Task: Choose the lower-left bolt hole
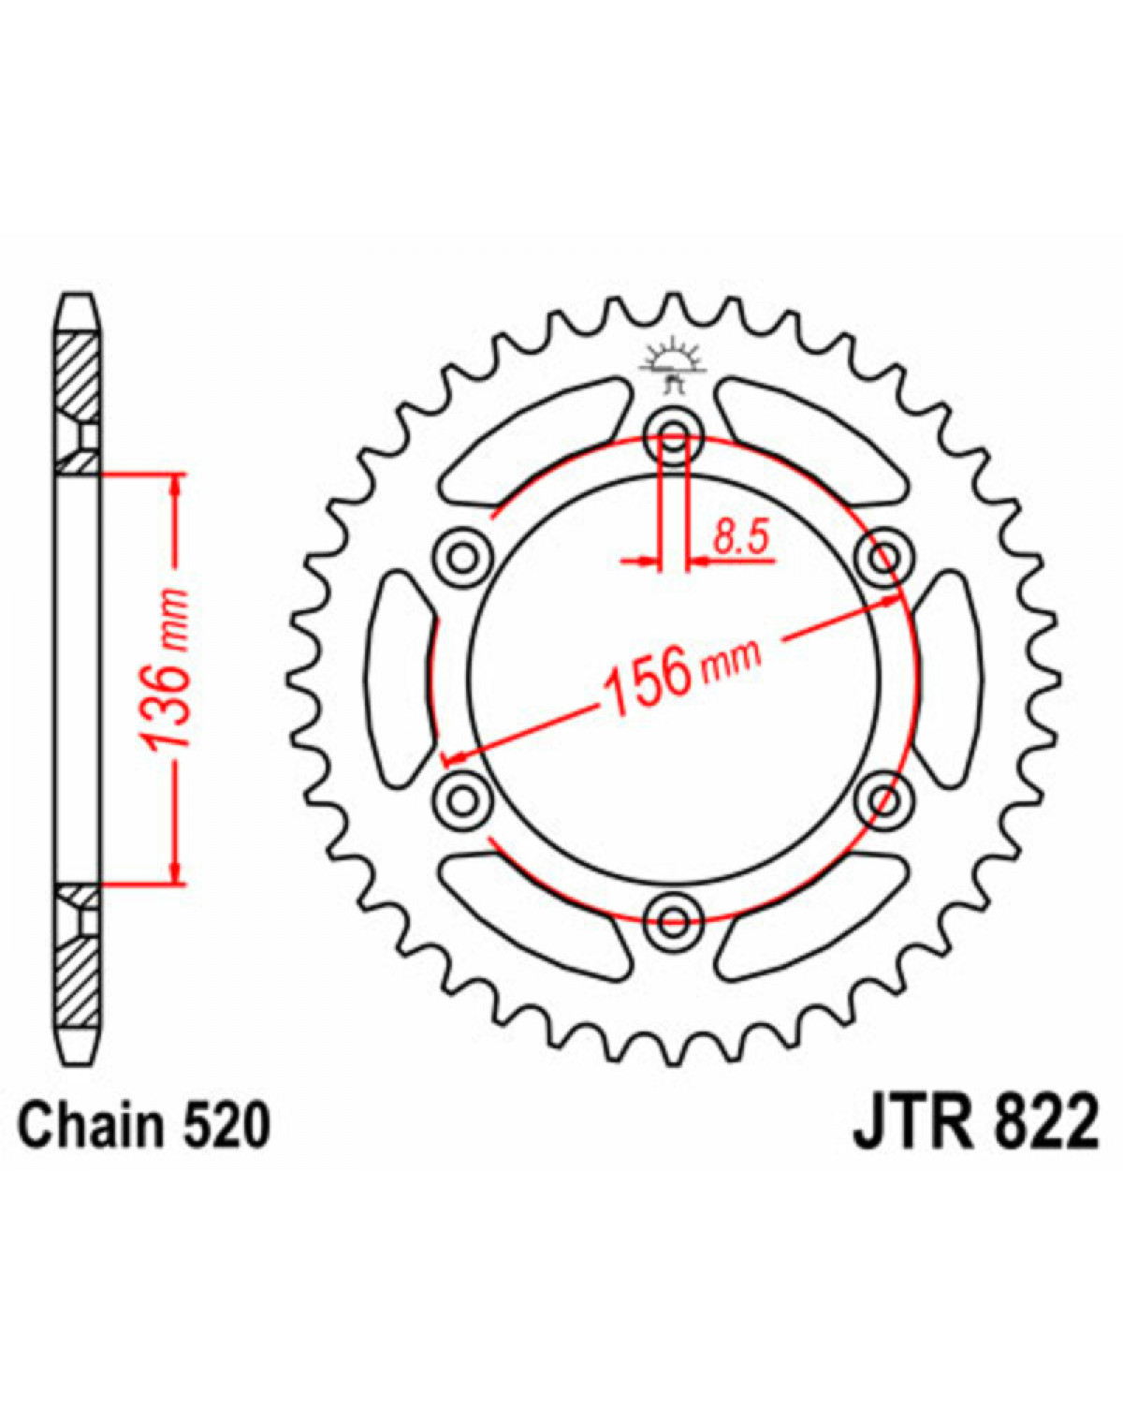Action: [x=462, y=800]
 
